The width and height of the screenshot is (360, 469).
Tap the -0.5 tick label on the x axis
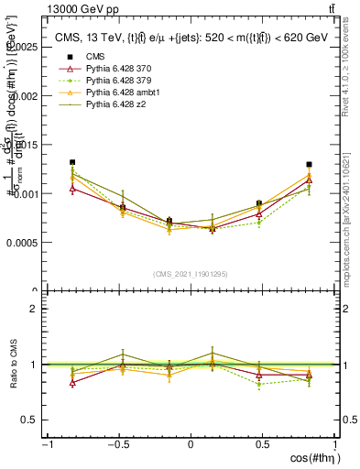pos(118,443)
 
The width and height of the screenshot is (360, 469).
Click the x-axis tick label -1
pos(47,443)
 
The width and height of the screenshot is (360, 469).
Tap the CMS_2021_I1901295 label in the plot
pos(191,273)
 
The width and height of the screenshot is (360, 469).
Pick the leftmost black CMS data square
pos(71,162)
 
